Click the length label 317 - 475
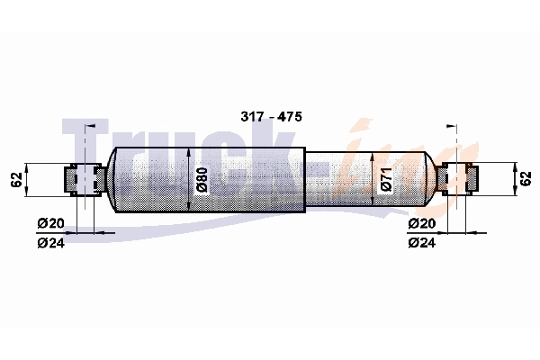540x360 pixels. point(271,118)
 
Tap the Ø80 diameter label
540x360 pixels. point(202,181)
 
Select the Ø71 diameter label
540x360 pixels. point(385,180)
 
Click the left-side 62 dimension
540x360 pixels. point(16,179)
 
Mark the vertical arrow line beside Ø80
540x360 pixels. point(188,179)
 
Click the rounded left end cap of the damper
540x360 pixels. point(112,179)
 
